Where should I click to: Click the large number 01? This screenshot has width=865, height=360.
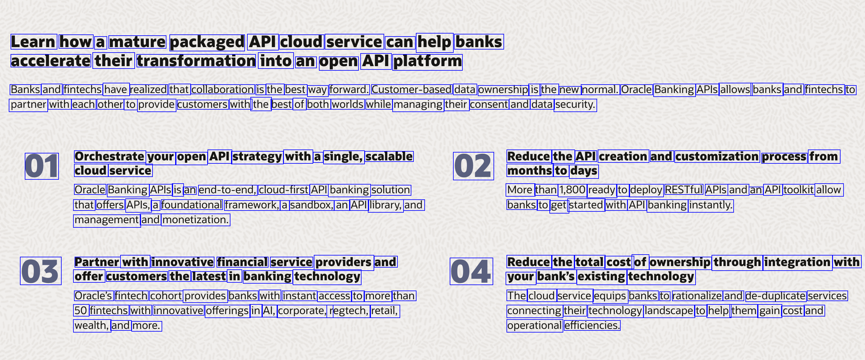pyautogui.click(x=42, y=166)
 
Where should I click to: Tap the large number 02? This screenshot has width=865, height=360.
pyautogui.click(x=474, y=166)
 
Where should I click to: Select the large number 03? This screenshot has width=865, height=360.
pyautogui.click(x=41, y=271)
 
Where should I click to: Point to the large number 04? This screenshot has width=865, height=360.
pyautogui.click(x=471, y=271)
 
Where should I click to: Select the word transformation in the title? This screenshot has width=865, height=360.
pyautogui.click(x=196, y=61)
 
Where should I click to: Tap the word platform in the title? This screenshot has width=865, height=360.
pyautogui.click(x=427, y=61)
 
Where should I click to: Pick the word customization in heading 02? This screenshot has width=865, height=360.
pyautogui.click(x=717, y=156)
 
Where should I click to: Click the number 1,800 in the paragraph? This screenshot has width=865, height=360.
pyautogui.click(x=573, y=190)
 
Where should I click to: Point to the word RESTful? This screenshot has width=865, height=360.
pyautogui.click(x=684, y=190)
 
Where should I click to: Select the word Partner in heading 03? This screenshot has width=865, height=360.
pyautogui.click(x=97, y=262)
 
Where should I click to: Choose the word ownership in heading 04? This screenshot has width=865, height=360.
pyautogui.click(x=680, y=262)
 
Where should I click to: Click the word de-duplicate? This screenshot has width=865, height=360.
pyautogui.click(x=775, y=296)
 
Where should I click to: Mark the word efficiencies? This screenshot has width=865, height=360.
pyautogui.click(x=592, y=325)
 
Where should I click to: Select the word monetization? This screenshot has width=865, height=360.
pyautogui.click(x=196, y=220)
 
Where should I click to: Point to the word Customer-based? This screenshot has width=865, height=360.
pyautogui.click(x=411, y=89)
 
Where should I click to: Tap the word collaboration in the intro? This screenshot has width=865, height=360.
pyautogui.click(x=223, y=89)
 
